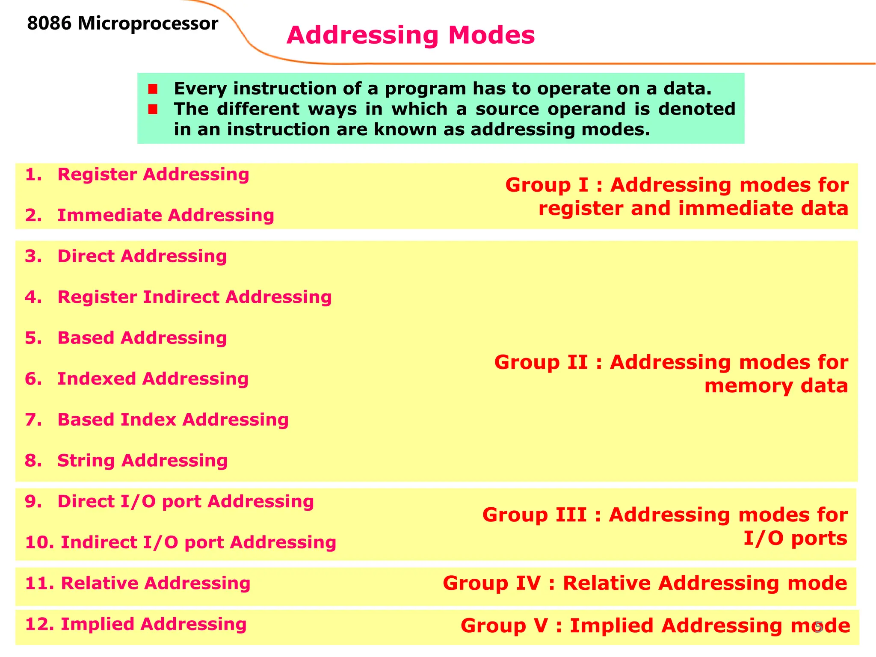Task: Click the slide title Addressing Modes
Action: pyautogui.click(x=410, y=35)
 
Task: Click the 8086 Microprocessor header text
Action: pyautogui.click(x=122, y=24)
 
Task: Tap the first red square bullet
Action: pyautogui.click(x=153, y=89)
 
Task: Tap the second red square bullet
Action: pyautogui.click(x=153, y=109)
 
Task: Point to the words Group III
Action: pyautogui.click(x=534, y=515)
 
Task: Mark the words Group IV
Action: pyautogui.click(x=491, y=583)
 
